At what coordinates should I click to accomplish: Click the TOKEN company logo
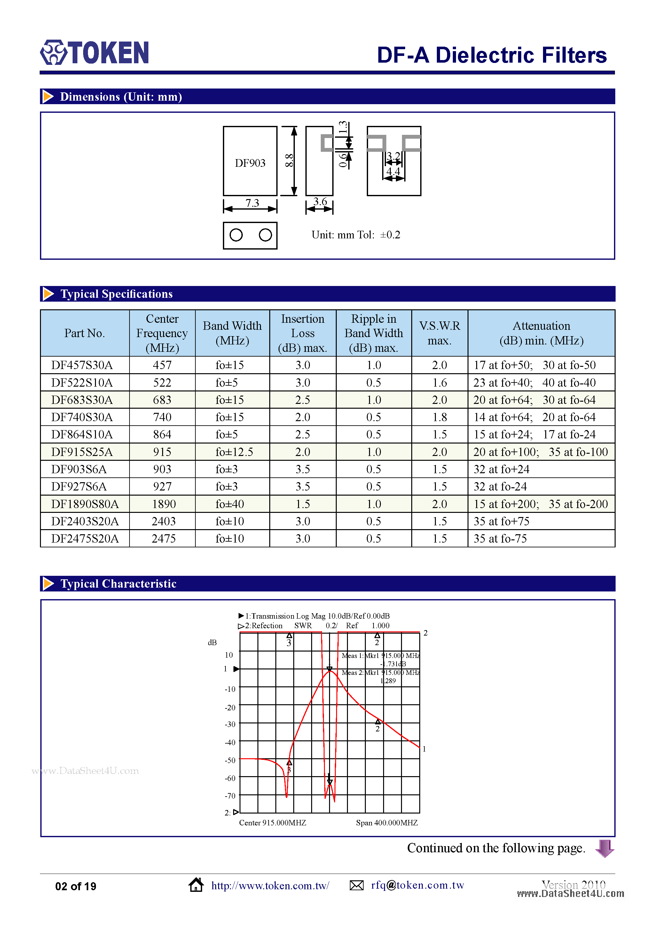[94, 52]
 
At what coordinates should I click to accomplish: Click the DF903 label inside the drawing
[250, 163]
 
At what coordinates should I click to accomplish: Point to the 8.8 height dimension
[289, 161]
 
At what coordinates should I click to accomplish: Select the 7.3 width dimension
[252, 203]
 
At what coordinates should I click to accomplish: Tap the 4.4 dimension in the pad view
[393, 171]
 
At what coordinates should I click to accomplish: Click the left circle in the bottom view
[236, 235]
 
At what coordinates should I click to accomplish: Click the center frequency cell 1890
[164, 504]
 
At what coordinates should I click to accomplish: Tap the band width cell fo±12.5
[234, 452]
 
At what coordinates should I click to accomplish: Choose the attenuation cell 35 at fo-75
[500, 539]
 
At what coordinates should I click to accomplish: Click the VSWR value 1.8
[440, 417]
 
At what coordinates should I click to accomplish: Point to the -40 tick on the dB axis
[230, 742]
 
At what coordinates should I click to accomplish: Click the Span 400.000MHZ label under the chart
[387, 822]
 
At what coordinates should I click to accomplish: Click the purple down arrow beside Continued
[604, 848]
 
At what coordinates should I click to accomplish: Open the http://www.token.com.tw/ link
[270, 886]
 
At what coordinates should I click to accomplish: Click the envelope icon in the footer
[357, 885]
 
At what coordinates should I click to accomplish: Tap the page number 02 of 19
[76, 886]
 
